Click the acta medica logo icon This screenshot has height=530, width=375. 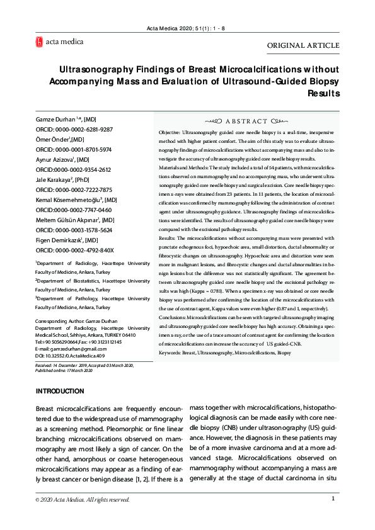[39, 42]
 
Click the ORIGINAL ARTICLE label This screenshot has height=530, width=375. [303, 45]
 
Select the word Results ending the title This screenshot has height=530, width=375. [323, 93]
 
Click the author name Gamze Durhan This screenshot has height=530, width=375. [55, 119]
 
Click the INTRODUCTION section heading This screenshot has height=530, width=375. [60, 392]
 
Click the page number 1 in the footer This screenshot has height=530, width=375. [333, 499]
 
